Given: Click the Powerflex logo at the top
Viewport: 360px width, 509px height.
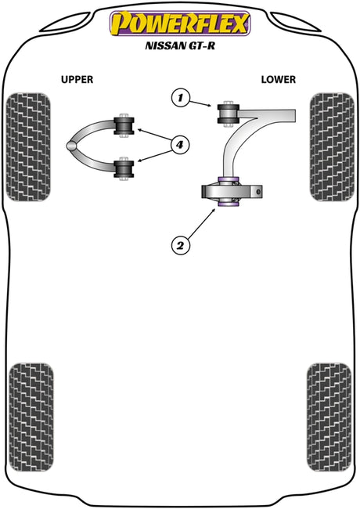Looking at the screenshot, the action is (180, 23).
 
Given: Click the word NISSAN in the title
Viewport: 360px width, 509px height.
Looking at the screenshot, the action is (164, 45).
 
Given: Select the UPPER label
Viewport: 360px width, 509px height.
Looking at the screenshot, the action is (77, 80).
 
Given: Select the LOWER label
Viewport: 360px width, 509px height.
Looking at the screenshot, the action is (279, 80).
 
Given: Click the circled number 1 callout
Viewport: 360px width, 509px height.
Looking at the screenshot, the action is (180, 97).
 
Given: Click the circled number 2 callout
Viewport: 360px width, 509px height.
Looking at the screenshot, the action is (180, 245).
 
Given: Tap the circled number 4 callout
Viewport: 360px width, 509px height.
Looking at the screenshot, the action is (179, 145).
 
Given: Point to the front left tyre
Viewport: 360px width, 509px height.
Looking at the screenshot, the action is (28, 146).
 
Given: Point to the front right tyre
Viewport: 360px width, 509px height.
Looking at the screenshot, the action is (332, 146).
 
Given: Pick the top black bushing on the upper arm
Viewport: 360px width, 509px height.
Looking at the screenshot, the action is (124, 125).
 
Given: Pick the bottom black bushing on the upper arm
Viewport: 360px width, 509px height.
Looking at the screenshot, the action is (124, 169).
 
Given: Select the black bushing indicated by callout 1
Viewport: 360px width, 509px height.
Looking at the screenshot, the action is (228, 114).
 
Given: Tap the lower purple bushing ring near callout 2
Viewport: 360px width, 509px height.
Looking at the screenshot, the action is (229, 204).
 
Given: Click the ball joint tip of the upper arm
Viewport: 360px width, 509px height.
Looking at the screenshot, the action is (71, 146).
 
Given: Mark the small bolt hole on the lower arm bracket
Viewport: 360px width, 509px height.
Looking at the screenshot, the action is (258, 192).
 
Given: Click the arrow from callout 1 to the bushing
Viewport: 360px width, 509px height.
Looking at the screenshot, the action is (200, 103).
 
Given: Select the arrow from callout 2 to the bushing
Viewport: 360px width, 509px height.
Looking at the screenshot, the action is (201, 224).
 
